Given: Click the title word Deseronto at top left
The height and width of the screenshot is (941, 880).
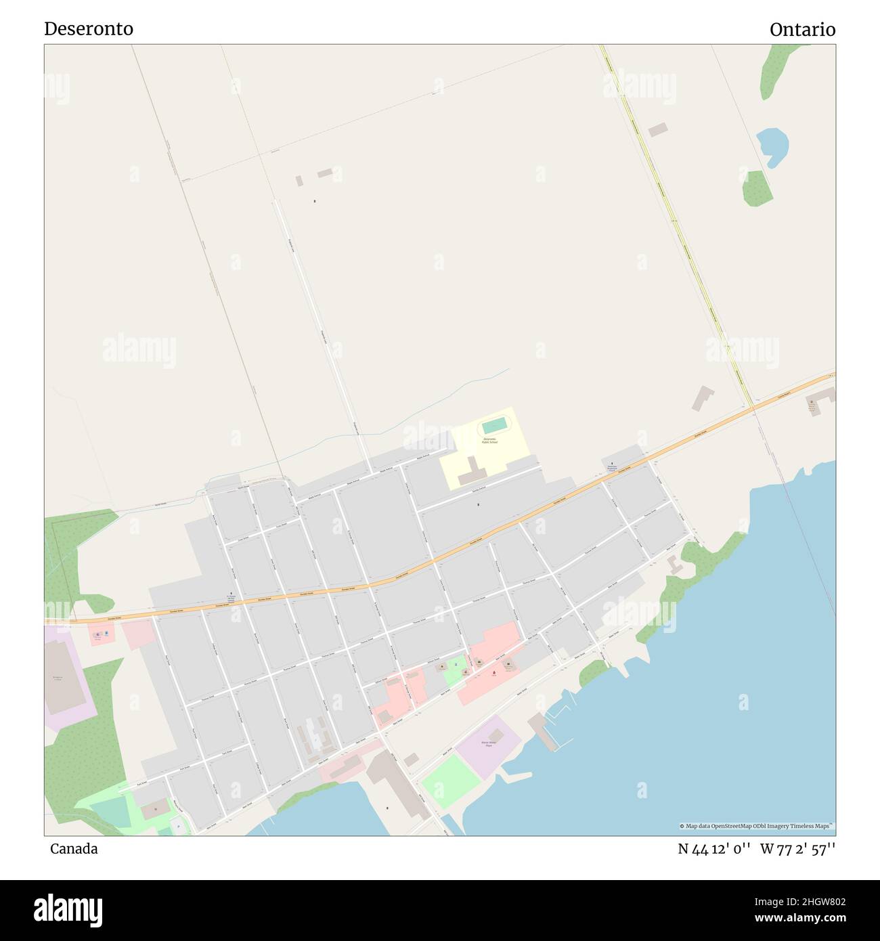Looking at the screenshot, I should click(x=89, y=28).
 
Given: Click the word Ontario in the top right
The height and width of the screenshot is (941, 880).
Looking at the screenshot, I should click(x=802, y=30).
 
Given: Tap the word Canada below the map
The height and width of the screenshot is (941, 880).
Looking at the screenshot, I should click(x=74, y=849).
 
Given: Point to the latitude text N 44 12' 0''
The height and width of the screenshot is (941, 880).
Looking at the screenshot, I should click(x=714, y=850).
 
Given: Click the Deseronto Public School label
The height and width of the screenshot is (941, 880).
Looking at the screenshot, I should click(x=489, y=441).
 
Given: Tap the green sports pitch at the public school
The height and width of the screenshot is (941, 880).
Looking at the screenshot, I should click(x=494, y=426).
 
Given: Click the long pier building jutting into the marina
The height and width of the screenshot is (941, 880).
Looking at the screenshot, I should click(x=544, y=731).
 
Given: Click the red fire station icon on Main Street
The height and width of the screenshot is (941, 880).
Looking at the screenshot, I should click(x=493, y=672).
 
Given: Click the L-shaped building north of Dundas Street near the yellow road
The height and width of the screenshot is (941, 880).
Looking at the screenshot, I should click(x=702, y=398).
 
